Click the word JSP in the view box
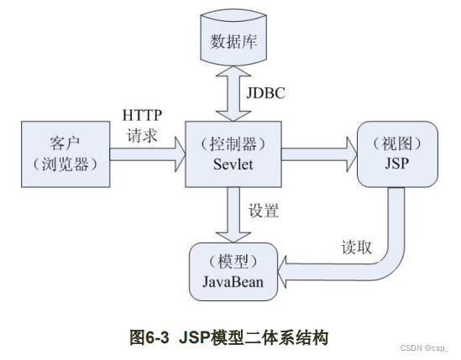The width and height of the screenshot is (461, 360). (x=397, y=162)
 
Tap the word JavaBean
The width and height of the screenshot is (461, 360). (x=233, y=281)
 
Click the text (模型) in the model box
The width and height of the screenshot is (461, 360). (x=233, y=261)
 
